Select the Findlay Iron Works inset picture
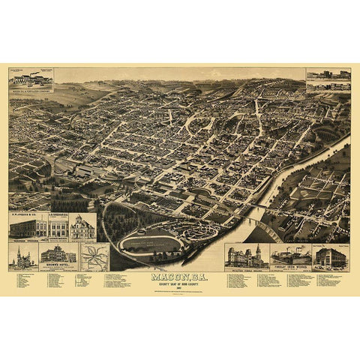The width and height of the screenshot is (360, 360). [x=291, y=255]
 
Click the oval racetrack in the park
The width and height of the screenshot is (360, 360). [x=150, y=242]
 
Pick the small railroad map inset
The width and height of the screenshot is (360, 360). [x=94, y=256]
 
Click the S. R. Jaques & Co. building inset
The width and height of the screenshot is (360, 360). [x=28, y=227]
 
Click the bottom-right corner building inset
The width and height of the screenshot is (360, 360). [x=330, y=256]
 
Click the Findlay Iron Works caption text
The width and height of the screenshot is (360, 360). [x=291, y=266]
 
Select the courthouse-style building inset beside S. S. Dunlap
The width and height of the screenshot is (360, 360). [x=82, y=227]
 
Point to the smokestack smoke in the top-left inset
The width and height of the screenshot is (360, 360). [x=34, y=73]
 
